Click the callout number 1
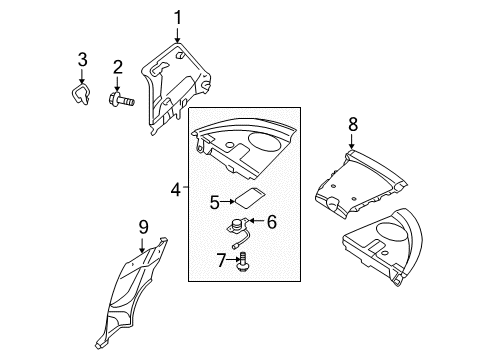click(x=178, y=18)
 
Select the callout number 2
click(x=117, y=67)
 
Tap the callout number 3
click(x=82, y=60)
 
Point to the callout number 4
click(x=176, y=189)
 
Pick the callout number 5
click(x=215, y=202)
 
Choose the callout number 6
click(x=272, y=222)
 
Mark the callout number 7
click(x=221, y=260)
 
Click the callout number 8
click(x=353, y=124)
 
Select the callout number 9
click(x=143, y=227)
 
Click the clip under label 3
click(x=80, y=94)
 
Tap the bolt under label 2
click(x=121, y=99)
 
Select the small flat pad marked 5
click(x=250, y=198)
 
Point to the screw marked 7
click(x=244, y=263)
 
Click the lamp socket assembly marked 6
click(x=238, y=233)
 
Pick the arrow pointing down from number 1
click(x=177, y=36)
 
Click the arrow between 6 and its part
click(x=256, y=221)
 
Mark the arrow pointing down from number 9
click(x=142, y=245)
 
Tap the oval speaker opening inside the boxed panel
click(x=264, y=141)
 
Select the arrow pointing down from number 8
click(x=351, y=141)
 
